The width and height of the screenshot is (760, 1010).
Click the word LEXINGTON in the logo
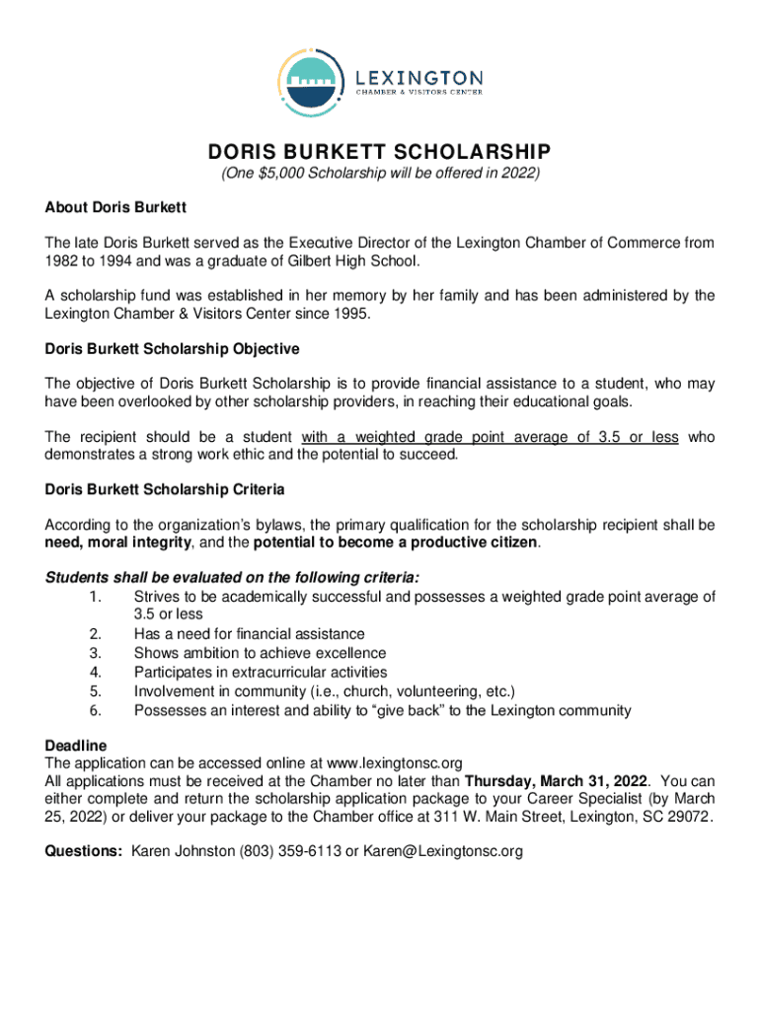(x=418, y=77)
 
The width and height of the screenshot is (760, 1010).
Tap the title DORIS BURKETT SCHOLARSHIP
(x=379, y=153)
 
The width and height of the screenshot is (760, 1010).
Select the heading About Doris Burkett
(x=115, y=208)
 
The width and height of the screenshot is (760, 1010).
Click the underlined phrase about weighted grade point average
(x=490, y=437)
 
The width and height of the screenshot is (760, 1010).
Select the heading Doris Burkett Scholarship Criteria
(x=165, y=489)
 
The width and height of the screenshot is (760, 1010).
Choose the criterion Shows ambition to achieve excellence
(x=260, y=653)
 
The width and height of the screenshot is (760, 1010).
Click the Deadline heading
(x=76, y=745)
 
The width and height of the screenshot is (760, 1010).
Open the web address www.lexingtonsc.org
(x=394, y=762)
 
